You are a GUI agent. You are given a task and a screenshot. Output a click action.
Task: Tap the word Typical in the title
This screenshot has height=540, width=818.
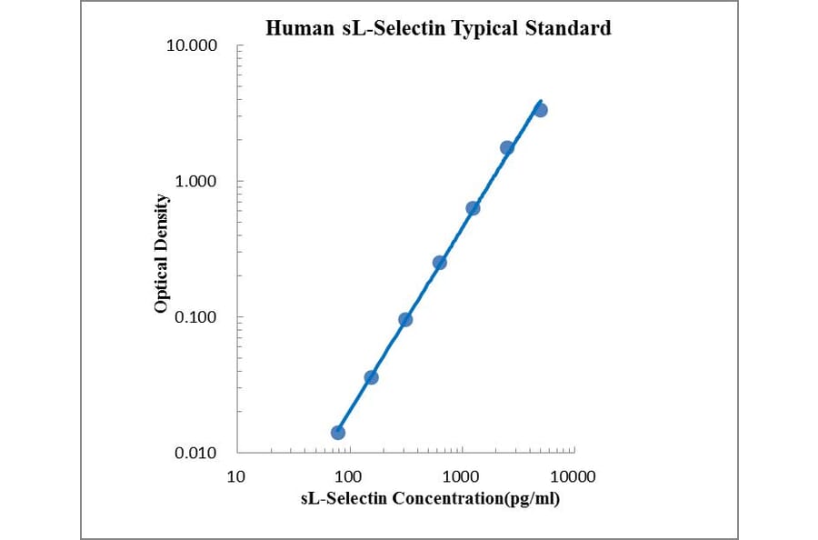484,29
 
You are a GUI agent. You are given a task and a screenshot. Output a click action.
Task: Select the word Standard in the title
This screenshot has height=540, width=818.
569,28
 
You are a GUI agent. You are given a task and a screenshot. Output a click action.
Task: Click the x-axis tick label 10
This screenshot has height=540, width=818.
236,475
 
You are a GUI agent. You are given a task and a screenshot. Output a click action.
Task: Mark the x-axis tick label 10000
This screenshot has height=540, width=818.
573,475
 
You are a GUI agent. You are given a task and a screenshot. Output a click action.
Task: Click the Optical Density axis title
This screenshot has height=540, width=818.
161,254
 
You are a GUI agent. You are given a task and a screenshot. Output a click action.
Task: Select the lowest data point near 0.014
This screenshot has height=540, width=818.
338,432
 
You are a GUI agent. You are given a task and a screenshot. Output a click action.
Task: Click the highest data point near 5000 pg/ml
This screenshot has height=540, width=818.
540,110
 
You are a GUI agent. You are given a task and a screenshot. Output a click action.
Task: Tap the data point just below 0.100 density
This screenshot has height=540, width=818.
405,319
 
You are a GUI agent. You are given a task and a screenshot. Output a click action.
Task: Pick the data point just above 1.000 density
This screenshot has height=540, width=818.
507,147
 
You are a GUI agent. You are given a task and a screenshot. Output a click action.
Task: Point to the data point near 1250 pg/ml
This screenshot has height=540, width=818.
473,208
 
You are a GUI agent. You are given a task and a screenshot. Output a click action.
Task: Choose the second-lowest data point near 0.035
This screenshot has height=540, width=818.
371,377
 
